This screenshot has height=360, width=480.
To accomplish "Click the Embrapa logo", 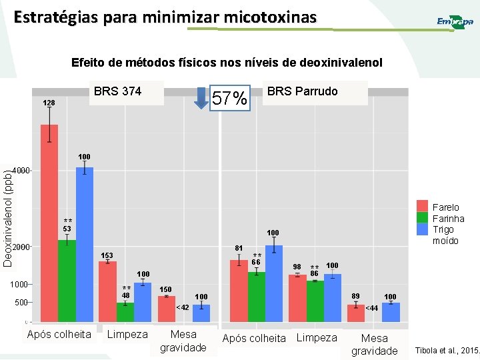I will click(x=455, y=22).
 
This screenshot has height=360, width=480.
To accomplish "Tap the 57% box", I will click(x=230, y=99).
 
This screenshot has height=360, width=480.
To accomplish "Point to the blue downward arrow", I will click(x=201, y=98).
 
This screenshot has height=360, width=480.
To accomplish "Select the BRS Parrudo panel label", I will click(x=302, y=91).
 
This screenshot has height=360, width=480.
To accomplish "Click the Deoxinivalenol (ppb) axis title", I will click(x=7, y=219).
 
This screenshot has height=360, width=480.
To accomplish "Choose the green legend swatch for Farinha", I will click(x=422, y=217).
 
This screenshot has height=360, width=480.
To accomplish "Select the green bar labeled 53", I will click(x=67, y=280).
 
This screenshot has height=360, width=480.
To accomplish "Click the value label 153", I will click(x=107, y=256).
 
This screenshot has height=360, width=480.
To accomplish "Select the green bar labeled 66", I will click(x=257, y=297).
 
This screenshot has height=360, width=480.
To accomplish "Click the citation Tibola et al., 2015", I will click(x=446, y=350).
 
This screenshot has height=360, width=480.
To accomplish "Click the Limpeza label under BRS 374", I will click(x=127, y=334).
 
